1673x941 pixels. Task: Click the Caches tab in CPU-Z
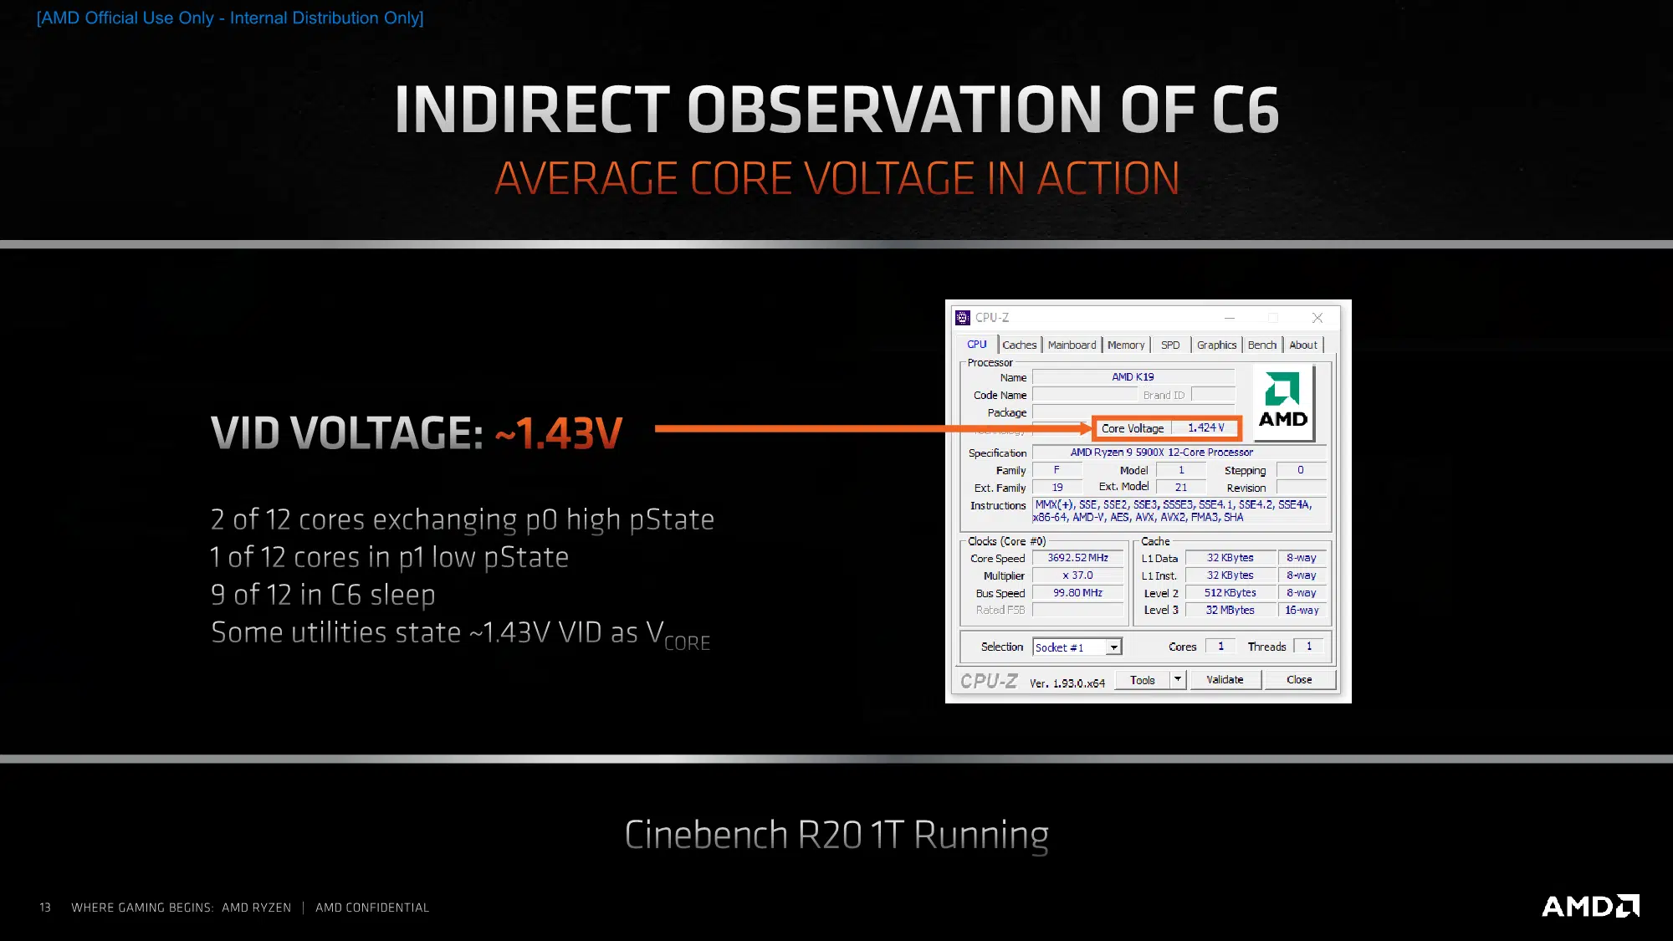coord(1019,345)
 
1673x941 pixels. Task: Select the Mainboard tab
coord(1072,345)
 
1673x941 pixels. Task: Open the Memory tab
coord(1126,345)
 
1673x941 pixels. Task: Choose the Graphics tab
coord(1216,345)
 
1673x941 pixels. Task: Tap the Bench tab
coord(1262,345)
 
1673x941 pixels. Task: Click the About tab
coord(1303,345)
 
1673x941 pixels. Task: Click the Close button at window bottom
coord(1299,679)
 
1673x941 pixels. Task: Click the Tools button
coord(1143,679)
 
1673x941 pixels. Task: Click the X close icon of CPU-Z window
coord(1317,318)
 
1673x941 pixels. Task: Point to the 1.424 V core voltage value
coord(1206,427)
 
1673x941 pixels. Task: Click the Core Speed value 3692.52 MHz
coord(1078,558)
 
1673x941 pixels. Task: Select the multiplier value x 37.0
coord(1078,575)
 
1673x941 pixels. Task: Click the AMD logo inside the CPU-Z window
coord(1283,401)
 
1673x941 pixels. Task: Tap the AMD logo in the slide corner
coord(1590,906)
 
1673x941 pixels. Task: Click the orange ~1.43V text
coord(559,433)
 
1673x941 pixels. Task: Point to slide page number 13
coord(45,908)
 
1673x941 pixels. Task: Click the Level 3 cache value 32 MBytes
coord(1230,610)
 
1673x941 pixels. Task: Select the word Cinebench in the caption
coord(706,835)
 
